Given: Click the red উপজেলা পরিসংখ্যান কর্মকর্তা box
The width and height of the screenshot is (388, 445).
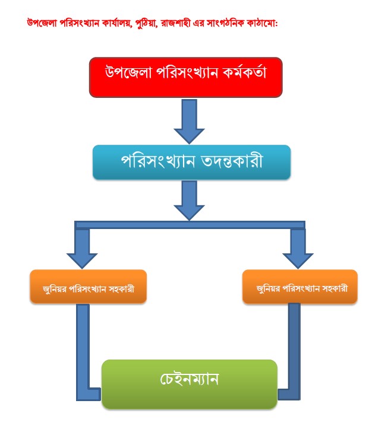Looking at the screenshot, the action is coord(186,78).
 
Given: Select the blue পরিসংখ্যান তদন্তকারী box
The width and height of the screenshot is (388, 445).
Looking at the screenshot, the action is coord(191,162).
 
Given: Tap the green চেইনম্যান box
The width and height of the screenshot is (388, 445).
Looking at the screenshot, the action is coord(190,384).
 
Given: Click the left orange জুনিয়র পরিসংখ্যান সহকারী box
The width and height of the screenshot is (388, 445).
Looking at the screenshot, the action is coord(89,287).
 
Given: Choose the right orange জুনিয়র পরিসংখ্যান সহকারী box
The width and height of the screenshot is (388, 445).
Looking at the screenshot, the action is coord(300,287).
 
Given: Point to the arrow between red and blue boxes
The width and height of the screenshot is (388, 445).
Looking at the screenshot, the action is coord(190,122).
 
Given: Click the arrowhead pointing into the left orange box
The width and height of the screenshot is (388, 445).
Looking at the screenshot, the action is coord(82,261).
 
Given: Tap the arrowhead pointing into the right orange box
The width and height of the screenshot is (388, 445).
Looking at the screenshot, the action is coord(298,261).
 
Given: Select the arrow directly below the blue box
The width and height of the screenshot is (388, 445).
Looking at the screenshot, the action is coord(190,201).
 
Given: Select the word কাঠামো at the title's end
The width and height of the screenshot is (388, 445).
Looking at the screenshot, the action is coord(262,23).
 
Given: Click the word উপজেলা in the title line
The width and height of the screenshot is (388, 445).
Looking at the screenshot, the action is coord(42,23).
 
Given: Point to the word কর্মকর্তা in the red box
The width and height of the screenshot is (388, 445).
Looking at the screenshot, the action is coord(244,72).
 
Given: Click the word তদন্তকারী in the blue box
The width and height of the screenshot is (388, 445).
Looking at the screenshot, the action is coord(232,161).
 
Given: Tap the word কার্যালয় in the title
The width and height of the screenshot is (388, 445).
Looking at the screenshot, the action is coord(117,23).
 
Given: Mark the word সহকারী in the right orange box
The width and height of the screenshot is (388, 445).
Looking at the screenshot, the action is coord(335,288).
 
